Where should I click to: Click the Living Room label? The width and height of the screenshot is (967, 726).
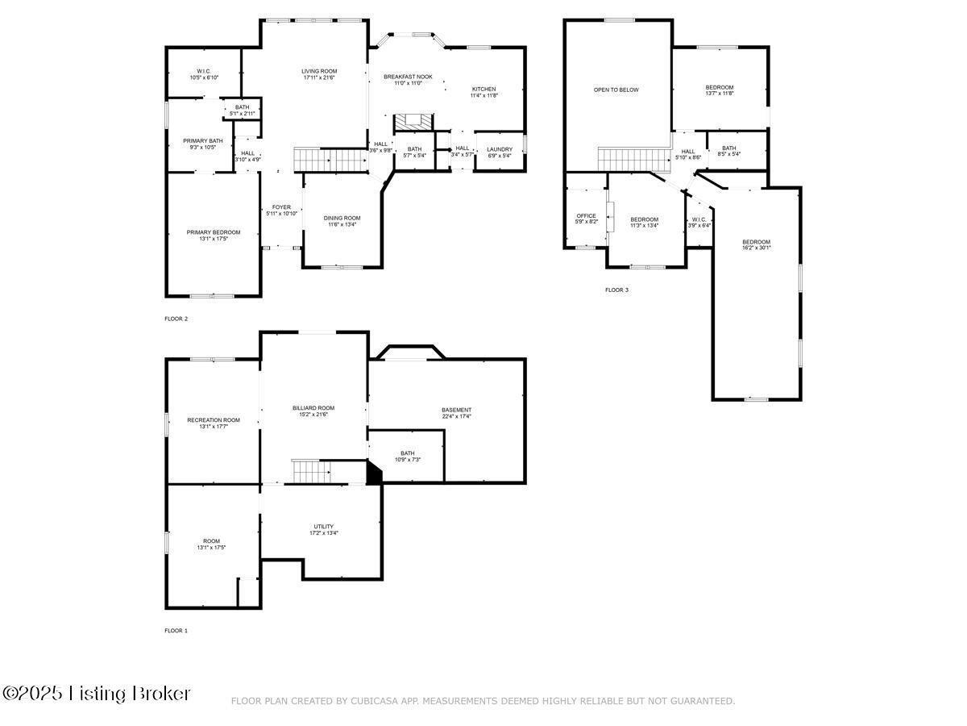click(x=319, y=71)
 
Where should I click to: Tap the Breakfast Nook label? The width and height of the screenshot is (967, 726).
click(x=408, y=77)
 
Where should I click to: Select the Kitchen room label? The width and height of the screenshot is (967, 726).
click(x=483, y=89)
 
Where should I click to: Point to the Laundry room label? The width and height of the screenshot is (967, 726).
click(x=500, y=149)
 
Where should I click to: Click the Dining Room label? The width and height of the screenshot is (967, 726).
click(x=342, y=218)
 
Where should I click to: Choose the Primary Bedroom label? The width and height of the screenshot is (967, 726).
click(x=214, y=232)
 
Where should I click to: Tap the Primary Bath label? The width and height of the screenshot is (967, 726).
click(x=202, y=141)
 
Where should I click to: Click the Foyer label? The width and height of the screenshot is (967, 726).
click(x=281, y=207)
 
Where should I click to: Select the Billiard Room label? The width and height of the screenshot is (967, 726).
click(x=313, y=408)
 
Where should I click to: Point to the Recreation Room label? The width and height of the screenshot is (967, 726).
click(x=214, y=419)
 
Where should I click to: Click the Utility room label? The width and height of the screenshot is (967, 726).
click(x=323, y=527)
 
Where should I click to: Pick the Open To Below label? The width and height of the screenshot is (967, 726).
click(x=616, y=90)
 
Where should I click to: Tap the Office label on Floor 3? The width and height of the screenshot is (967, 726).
click(x=586, y=215)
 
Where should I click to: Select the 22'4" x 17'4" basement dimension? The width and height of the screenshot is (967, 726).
click(x=456, y=416)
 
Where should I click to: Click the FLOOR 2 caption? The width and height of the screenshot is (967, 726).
click(x=176, y=319)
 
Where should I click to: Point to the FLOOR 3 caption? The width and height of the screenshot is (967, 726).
click(x=616, y=290)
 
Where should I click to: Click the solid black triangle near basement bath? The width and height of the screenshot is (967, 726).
click(x=373, y=474)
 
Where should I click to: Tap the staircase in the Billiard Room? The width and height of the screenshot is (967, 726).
click(x=310, y=471)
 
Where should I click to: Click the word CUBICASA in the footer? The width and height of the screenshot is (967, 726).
click(x=375, y=701)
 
